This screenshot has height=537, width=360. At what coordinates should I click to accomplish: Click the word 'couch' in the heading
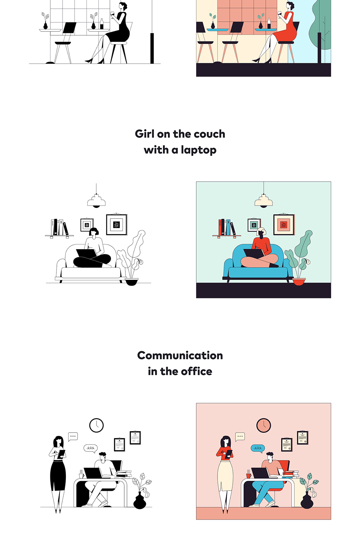[209, 134]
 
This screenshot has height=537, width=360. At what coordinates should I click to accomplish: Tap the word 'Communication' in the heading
[180, 355]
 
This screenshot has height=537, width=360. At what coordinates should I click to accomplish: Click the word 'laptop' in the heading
[199, 150]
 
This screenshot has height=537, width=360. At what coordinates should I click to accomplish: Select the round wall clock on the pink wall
[264, 426]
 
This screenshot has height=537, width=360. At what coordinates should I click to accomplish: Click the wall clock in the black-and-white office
[97, 426]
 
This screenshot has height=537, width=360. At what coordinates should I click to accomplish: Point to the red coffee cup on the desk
[249, 476]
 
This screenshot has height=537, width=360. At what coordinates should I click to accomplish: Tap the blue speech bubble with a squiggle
[258, 448]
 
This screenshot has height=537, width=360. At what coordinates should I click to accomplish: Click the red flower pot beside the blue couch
[299, 281]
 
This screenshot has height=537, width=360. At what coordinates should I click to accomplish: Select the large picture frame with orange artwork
[284, 225]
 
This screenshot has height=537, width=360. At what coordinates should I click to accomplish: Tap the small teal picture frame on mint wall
[254, 225]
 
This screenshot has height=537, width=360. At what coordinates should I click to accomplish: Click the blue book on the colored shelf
[228, 228]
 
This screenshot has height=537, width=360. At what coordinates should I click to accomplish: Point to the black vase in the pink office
[307, 500]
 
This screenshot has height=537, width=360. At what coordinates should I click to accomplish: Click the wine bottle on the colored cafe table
[269, 24]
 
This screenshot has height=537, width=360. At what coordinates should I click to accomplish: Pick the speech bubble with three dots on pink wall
[240, 437]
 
